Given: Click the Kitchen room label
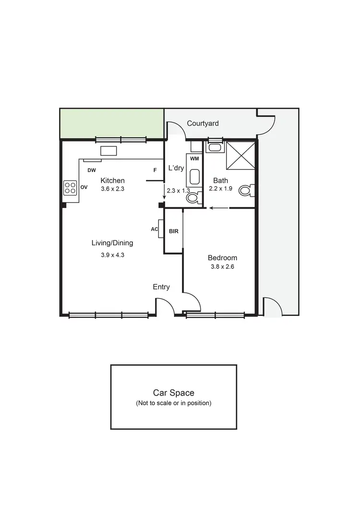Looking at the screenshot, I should point(112,181).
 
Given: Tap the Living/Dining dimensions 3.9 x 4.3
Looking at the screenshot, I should point(112,255).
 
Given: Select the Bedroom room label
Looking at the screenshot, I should point(222,257).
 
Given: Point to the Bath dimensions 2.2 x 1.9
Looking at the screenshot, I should point(220,189).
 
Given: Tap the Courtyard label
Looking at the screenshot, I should point(203,123).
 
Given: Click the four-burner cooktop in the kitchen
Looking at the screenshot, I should point(70,187).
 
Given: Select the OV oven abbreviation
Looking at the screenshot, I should point(84,187).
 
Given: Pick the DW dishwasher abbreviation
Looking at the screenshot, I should point(91,170).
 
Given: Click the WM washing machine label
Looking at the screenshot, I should point(194,158).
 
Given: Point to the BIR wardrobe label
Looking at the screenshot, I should point(173,231).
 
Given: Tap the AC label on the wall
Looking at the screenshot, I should point(154,229).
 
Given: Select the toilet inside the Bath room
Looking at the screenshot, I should point(246,191).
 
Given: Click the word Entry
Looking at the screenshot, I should point(161,287).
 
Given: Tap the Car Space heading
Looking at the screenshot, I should point(173,393).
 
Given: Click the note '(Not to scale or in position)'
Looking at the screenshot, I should point(173,403).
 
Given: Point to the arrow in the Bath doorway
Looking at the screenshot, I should point(218,208).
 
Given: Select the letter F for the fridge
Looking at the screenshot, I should point(155,170).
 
